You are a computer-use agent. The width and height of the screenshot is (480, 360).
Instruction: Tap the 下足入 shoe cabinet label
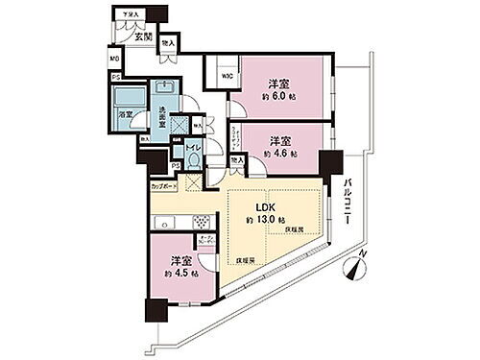coord(127,13)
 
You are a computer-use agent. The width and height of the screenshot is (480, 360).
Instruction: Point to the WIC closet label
coord(228,77)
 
